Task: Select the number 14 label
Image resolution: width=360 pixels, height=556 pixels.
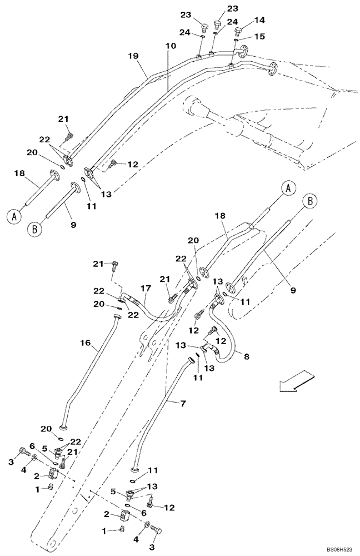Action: coord(260,20)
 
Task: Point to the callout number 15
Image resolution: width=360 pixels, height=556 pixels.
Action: coord(260,36)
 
